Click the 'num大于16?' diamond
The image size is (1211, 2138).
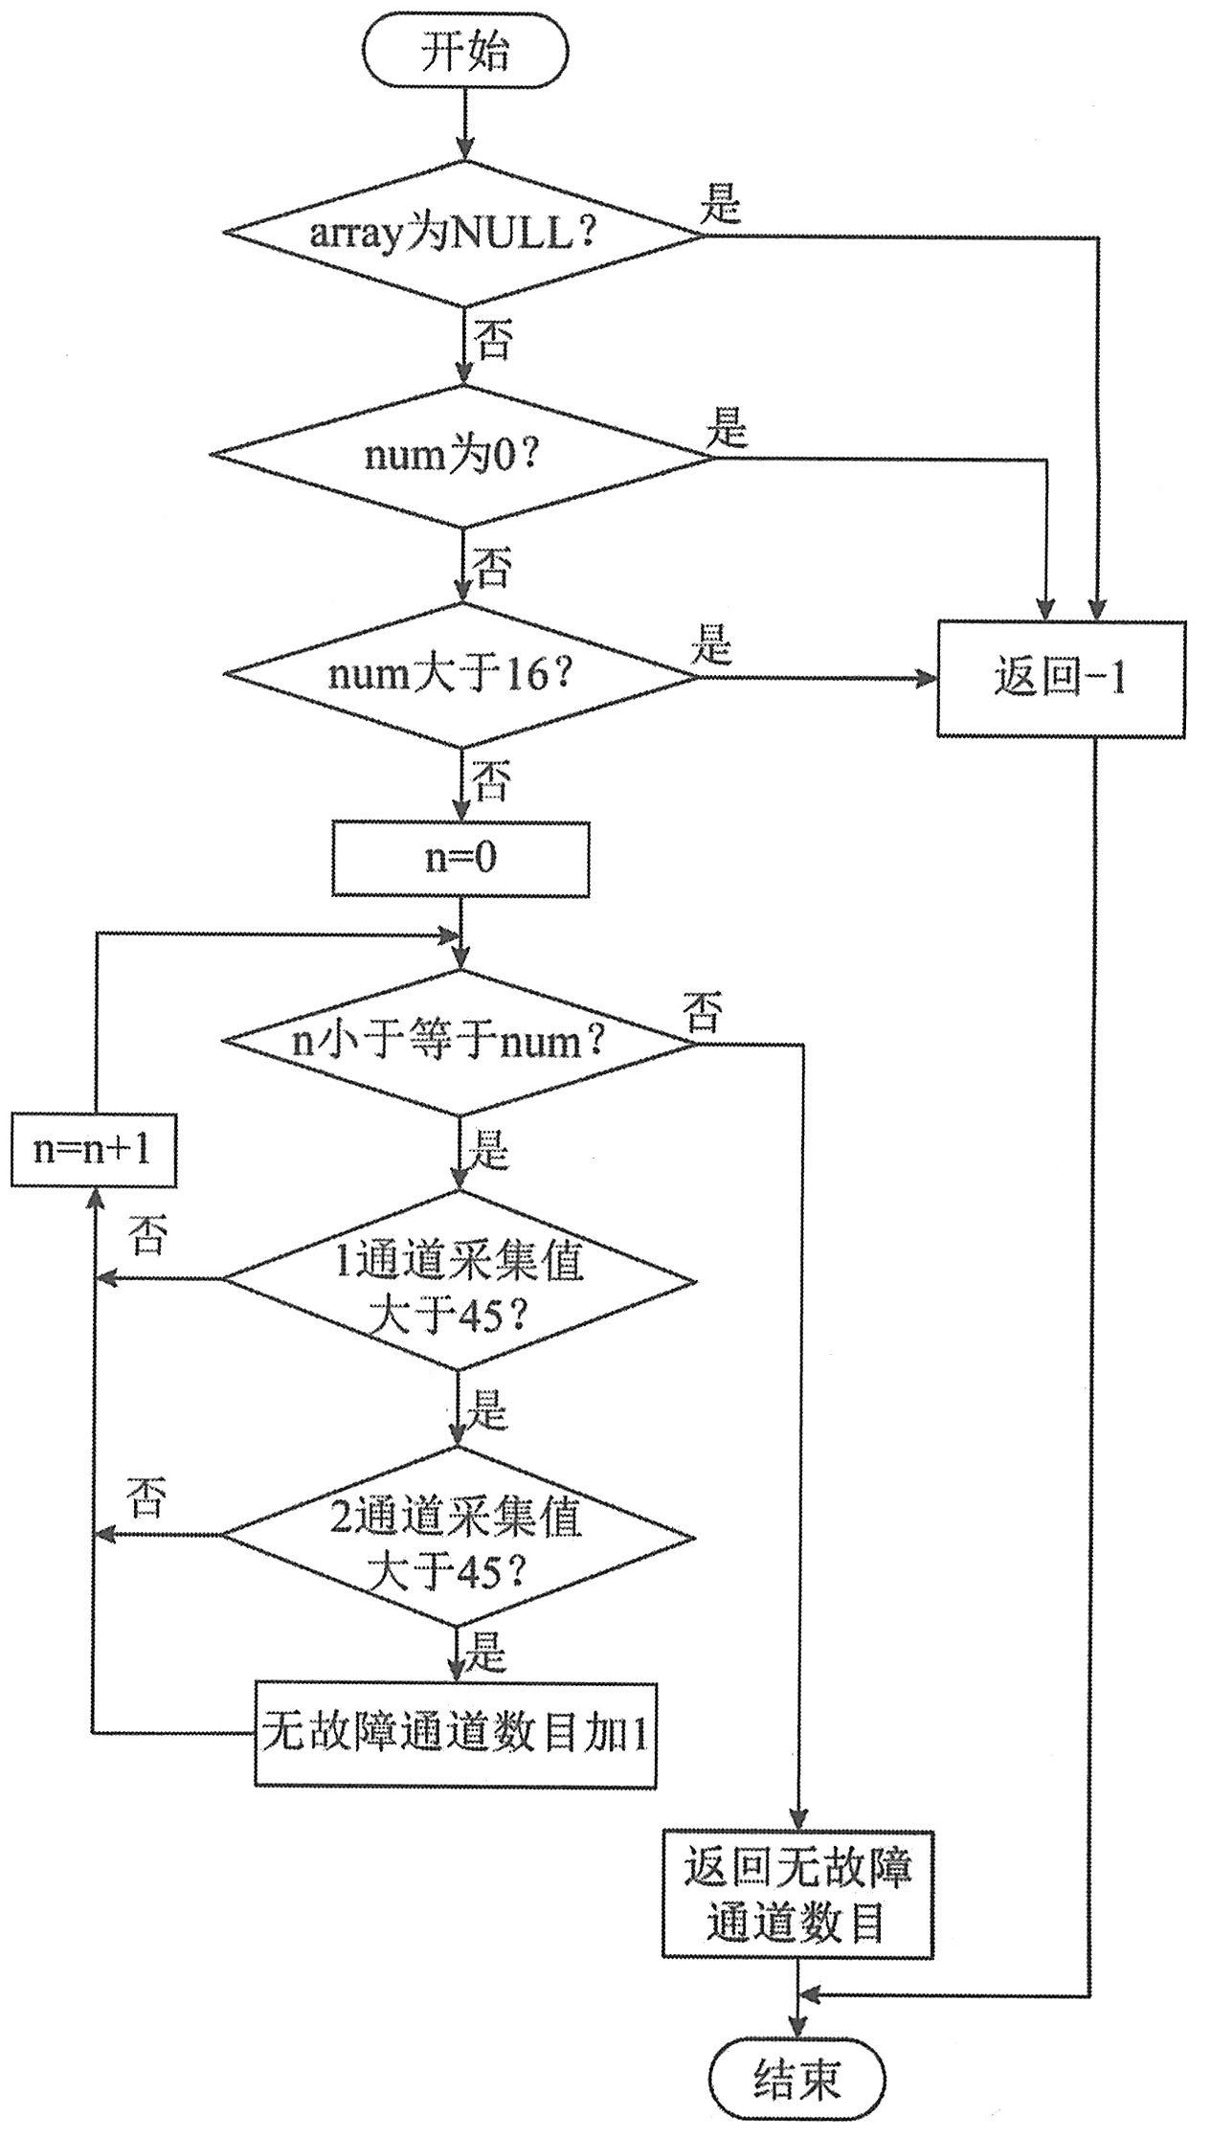[461, 676]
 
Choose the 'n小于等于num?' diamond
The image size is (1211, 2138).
[460, 1042]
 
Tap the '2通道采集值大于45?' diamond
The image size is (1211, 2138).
[460, 1536]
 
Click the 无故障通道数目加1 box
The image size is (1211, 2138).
[456, 1734]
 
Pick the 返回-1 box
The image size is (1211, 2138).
[1061, 679]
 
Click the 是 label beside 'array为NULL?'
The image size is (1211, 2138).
[721, 203]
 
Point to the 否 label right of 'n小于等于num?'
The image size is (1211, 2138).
[703, 1011]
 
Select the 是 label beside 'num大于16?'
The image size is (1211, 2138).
[711, 646]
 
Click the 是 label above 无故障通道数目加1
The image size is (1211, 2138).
[486, 1654]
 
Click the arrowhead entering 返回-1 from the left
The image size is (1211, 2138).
[927, 679]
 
